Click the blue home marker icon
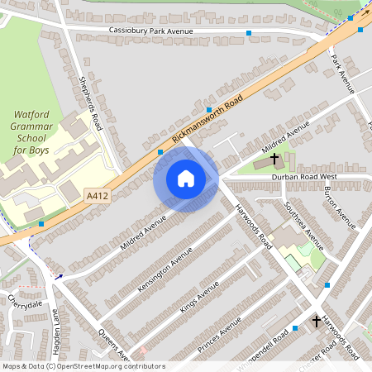click(186, 179)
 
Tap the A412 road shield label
click(97, 196)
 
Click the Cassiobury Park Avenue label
click(150, 31)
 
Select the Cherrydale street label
click(25, 303)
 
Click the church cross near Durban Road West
click(274, 158)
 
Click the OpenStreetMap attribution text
click(83, 365)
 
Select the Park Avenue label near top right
click(341, 70)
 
